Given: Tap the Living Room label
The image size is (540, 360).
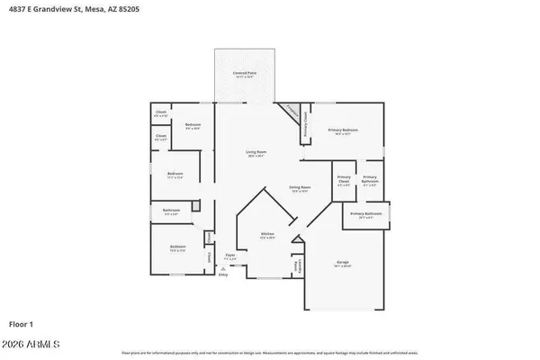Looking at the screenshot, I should click(x=256, y=153).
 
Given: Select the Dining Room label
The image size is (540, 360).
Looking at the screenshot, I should click(x=299, y=188).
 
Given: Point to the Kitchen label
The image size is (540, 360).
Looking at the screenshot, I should click(x=267, y=234).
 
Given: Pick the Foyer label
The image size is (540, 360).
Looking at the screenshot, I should click(x=229, y=256).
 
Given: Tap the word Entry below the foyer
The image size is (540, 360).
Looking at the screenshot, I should click(x=223, y=274).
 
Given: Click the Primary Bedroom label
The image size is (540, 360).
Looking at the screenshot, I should click(x=342, y=131).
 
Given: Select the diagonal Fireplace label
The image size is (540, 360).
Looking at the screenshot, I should click(x=290, y=112).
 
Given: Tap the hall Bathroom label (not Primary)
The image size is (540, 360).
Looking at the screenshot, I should click(x=171, y=211).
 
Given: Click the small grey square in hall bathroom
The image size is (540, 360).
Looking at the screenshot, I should click(x=194, y=206).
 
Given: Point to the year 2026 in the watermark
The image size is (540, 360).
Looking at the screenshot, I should click(x=19, y=344).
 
